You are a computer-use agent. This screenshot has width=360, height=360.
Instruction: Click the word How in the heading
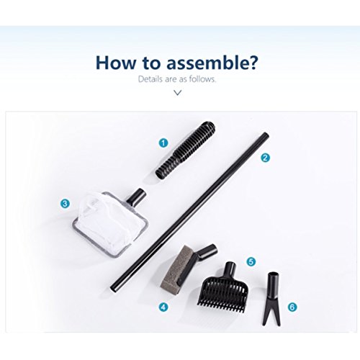point(116,63)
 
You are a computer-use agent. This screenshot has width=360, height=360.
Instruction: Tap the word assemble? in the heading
point(212,63)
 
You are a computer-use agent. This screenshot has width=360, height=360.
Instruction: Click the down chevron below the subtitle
point(177,93)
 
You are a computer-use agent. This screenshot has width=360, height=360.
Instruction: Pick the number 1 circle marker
point(163,143)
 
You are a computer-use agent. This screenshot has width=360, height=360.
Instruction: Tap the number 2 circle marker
point(265,158)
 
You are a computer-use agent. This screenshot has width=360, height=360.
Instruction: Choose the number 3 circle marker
point(65,204)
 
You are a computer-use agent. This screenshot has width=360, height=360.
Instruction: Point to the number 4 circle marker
point(163,307)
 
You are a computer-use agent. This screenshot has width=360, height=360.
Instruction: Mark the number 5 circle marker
point(251,261)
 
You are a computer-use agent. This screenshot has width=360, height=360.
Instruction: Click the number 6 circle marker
point(292,307)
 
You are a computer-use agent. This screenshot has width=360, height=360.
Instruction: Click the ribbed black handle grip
point(185,150)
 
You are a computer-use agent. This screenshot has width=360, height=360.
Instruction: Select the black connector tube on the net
point(136,197)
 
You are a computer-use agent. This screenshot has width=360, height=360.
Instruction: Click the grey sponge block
point(174,266)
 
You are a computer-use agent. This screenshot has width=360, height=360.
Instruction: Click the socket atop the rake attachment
point(229,270)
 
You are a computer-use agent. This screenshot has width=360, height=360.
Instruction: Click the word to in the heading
point(150,63)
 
